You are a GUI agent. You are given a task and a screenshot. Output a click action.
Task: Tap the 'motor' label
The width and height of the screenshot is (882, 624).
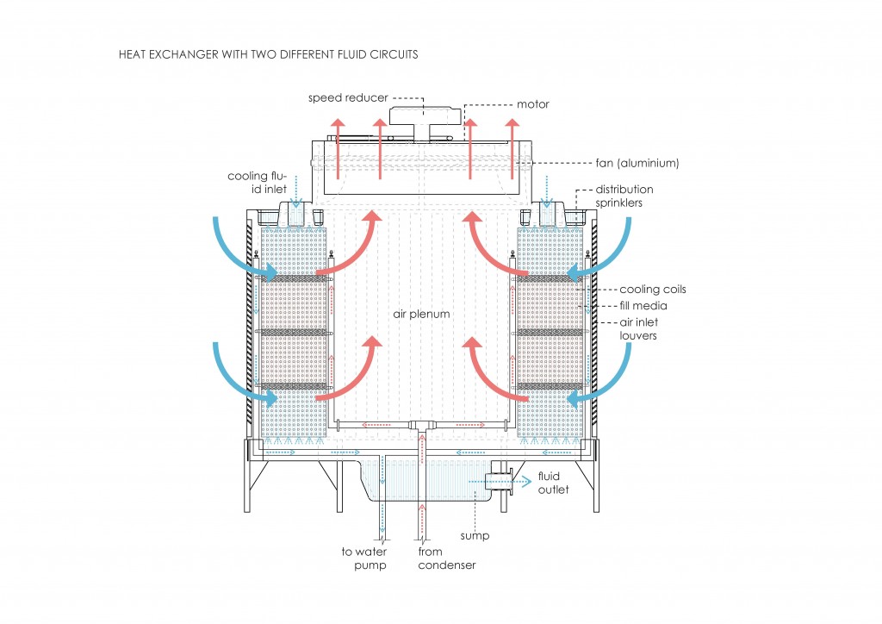pos(532,105)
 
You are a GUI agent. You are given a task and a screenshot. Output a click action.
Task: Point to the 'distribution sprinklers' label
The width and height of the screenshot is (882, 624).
pos(624,195)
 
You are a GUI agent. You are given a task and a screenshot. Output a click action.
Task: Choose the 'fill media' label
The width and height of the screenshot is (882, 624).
pos(643,305)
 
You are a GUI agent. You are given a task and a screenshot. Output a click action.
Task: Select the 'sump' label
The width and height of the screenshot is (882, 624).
pos(475,536)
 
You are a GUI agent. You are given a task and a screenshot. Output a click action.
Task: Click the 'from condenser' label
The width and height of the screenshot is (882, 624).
pos(446,558)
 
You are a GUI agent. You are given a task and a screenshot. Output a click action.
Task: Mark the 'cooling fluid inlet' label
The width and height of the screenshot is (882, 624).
pos(256,182)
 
